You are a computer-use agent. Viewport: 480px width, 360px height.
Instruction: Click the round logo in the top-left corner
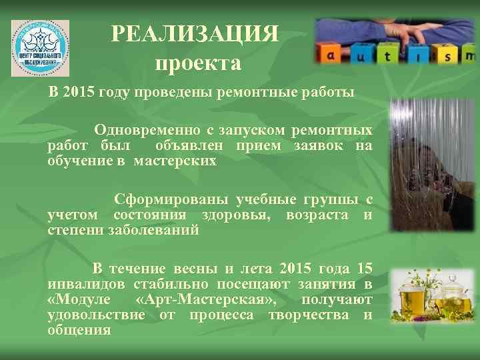[40, 48]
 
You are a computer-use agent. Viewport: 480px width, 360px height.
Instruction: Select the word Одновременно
[144, 129]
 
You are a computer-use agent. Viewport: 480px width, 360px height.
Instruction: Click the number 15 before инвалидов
[365, 269]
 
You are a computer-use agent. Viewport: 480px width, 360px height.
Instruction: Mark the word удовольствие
[96, 315]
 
